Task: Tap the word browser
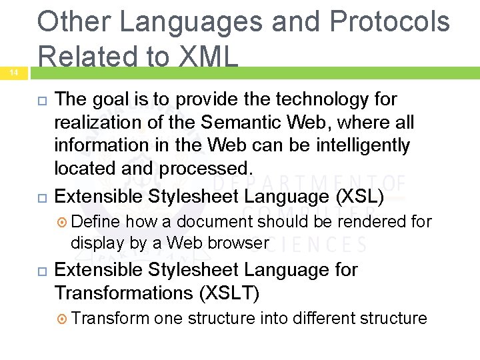point(237,243)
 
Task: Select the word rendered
point(360,221)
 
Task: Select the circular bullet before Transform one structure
point(61,319)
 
